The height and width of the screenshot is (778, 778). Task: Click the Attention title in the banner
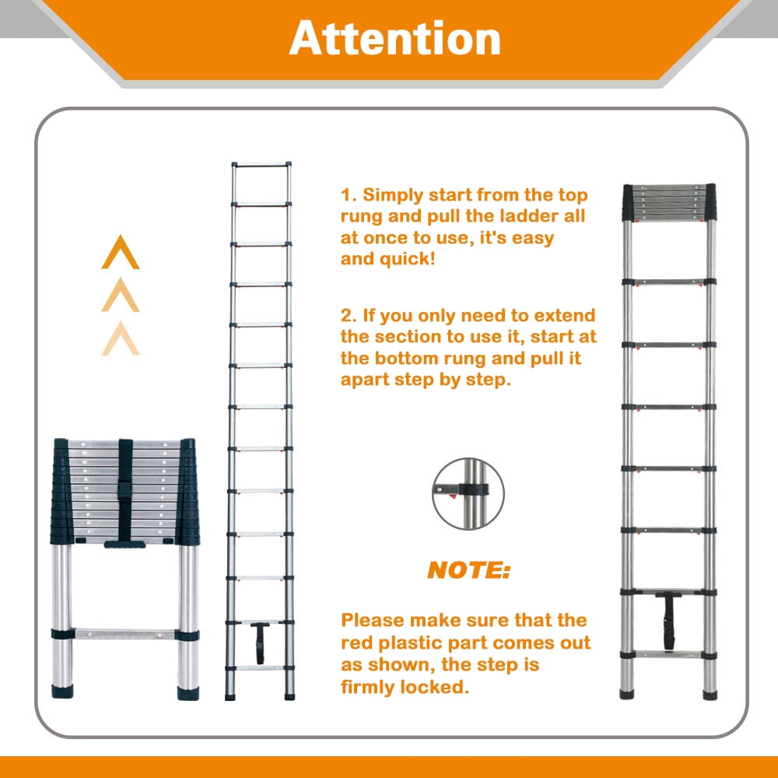coord(394,38)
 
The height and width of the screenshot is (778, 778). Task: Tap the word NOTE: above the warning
coord(468,570)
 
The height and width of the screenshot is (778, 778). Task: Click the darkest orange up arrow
coord(121,252)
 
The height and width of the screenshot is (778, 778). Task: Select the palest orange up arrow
coord(121,338)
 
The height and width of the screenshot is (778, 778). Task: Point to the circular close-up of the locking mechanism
coord(468,494)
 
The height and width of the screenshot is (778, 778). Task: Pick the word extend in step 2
coord(565,315)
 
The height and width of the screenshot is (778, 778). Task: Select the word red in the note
coord(356,643)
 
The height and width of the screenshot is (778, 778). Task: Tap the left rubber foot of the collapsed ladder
coord(62,691)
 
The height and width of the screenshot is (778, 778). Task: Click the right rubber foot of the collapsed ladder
coord(188,692)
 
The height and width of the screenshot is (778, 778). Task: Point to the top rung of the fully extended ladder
coord(261,165)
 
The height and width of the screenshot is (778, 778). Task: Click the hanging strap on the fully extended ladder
coord(260,643)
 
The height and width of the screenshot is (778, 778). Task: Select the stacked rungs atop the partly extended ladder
coord(669,202)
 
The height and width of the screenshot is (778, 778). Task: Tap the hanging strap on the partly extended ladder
coord(668,621)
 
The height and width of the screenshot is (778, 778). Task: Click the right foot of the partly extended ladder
coord(710,694)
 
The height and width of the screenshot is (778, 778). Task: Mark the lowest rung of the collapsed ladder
coord(125,634)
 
